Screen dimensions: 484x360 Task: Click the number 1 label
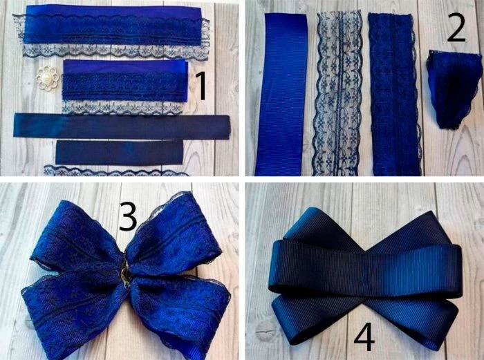201,86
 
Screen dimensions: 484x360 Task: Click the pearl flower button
47,79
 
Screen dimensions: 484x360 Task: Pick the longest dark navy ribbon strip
122,126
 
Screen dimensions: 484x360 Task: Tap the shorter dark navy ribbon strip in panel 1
119,153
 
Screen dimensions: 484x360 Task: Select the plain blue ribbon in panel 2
281,95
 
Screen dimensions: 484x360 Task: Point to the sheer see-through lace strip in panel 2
337,93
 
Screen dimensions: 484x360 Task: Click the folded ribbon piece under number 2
454,89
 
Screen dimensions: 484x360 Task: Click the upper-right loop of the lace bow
173,234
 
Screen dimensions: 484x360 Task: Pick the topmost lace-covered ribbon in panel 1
112,31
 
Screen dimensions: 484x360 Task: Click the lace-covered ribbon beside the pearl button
125,86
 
